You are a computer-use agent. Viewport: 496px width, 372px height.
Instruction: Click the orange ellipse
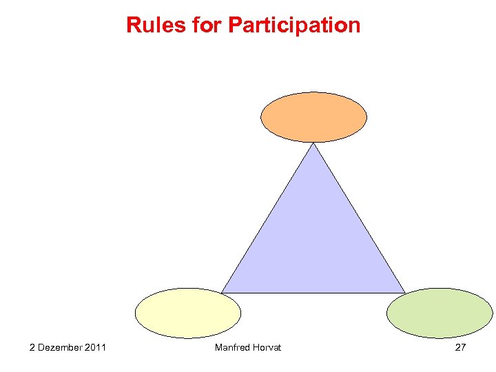(313, 117)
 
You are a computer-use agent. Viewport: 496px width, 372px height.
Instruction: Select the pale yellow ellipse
(188, 313)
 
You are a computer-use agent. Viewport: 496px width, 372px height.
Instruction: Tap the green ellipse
(440, 313)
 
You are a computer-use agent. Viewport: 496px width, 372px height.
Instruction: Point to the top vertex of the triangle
(313, 143)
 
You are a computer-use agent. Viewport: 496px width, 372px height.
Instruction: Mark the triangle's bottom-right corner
(404, 292)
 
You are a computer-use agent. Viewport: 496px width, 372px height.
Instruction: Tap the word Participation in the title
(293, 25)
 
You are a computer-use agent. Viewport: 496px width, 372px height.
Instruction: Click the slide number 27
(460, 347)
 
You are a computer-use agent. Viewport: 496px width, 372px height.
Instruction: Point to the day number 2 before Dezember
(32, 347)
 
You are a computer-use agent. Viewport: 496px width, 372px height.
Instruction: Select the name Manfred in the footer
(232, 347)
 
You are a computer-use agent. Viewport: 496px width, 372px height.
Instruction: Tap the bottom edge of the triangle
(313, 293)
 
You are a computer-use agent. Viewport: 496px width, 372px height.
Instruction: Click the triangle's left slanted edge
(268, 218)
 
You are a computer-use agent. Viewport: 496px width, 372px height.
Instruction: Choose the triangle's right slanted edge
(359, 218)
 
